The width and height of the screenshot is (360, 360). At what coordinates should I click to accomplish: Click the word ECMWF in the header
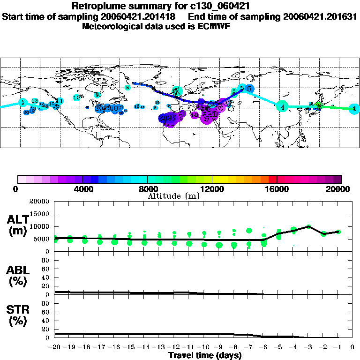[x=215, y=26]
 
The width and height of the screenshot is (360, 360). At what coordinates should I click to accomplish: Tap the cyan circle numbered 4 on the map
[x=282, y=107]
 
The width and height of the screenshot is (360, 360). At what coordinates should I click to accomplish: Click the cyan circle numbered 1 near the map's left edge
[x=22, y=103]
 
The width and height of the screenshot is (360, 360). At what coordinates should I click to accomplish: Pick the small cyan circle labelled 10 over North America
[x=76, y=97]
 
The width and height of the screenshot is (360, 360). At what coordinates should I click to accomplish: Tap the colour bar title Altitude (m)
[x=174, y=196]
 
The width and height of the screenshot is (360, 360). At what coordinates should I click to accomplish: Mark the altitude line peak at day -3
[x=308, y=226]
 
